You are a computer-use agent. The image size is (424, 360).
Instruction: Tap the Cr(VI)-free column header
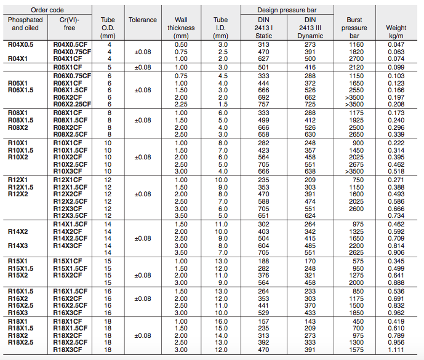click(x=72, y=24)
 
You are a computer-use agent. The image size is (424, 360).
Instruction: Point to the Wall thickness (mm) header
click(x=181, y=28)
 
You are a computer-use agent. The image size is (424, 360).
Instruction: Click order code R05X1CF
click(x=68, y=66)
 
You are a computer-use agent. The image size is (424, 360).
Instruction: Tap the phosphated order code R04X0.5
click(x=21, y=45)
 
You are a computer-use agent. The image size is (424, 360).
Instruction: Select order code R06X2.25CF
click(x=72, y=104)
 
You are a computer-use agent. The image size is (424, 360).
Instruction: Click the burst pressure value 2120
click(x=355, y=66)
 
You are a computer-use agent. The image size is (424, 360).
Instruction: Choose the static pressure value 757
click(x=263, y=104)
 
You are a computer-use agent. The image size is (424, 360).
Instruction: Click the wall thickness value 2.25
click(x=181, y=104)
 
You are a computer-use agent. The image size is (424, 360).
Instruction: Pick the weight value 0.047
click(x=396, y=45)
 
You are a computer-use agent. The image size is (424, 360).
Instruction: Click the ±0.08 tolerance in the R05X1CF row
click(x=143, y=66)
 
